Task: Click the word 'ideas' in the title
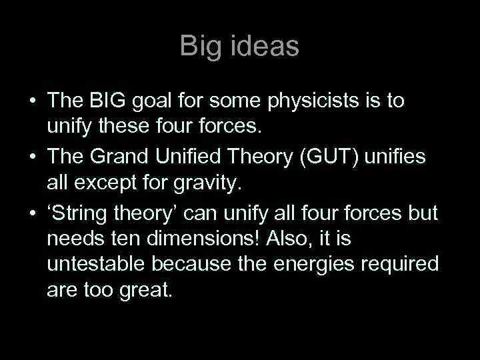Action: point(266,46)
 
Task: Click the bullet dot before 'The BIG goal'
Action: point(31,102)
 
